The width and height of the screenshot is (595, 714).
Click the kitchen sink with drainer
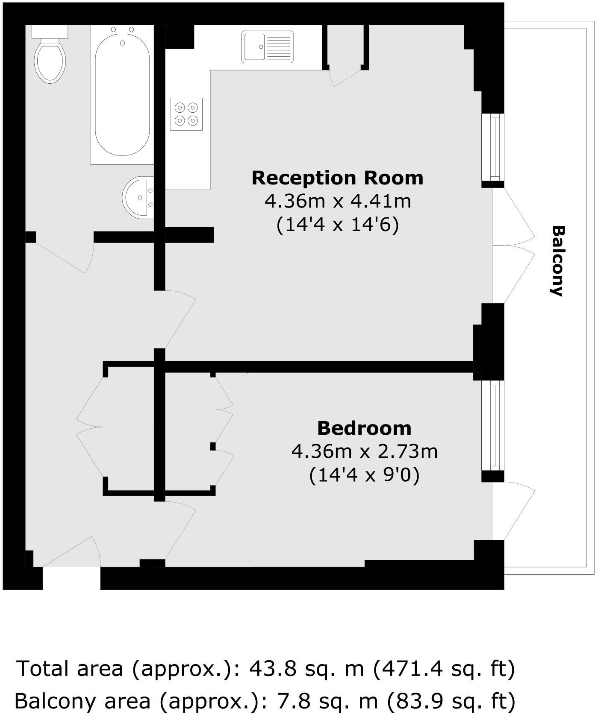coord(268,47)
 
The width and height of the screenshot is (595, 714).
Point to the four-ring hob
coord(186,114)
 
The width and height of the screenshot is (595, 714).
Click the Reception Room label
coord(337,178)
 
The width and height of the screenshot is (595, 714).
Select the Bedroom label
coord(364,428)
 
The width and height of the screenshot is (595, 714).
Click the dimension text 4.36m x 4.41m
coord(338,201)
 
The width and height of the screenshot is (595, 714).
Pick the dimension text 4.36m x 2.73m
coord(364,451)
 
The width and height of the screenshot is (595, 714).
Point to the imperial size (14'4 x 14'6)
coord(338,224)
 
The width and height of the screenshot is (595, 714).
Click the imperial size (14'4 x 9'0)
coord(364,474)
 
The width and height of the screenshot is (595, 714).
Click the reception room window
coord(494,147)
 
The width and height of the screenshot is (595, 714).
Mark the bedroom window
coord(494,425)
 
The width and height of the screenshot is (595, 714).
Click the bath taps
coord(122,30)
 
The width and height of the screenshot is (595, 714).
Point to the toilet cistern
coord(50,31)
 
